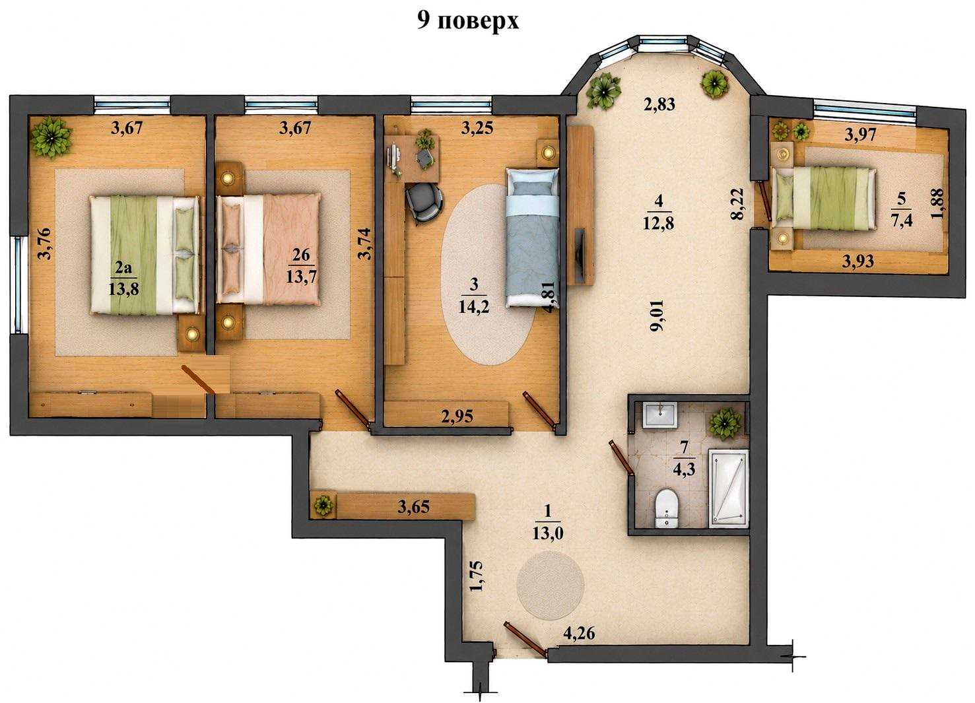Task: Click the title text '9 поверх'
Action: [x=468, y=20]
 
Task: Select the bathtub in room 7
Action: [x=728, y=488]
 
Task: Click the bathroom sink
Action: [x=660, y=415]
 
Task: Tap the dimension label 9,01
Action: [x=657, y=316]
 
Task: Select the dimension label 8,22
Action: [x=738, y=204]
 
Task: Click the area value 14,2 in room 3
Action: [x=473, y=308]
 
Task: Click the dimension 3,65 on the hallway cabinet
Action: [x=413, y=506]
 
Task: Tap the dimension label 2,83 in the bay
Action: [x=659, y=104]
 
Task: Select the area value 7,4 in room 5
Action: [x=902, y=220]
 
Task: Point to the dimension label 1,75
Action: [x=477, y=576]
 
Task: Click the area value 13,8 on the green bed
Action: [x=123, y=289]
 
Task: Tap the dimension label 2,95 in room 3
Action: [x=457, y=417]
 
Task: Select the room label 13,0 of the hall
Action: [x=547, y=533]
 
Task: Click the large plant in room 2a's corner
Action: [x=51, y=136]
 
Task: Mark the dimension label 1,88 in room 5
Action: [x=937, y=203]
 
